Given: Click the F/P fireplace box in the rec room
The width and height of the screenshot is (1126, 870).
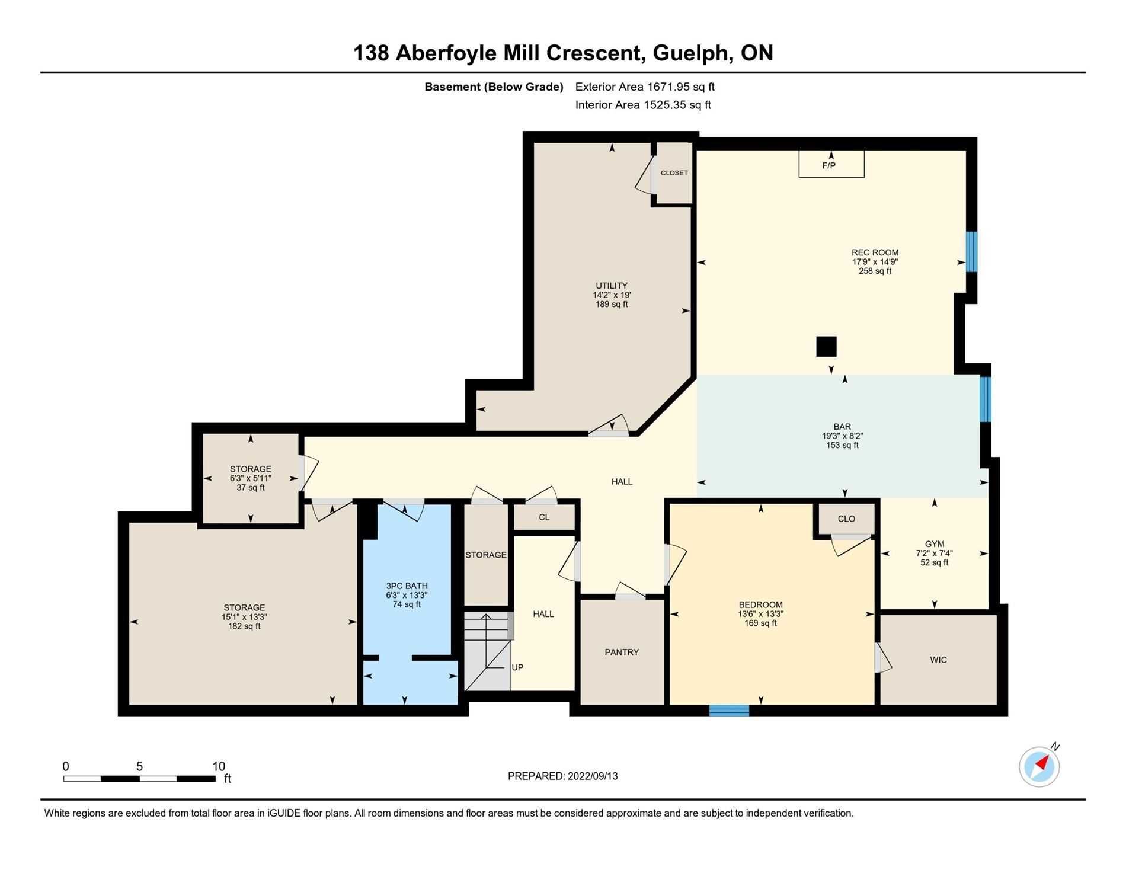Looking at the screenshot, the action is click(831, 164).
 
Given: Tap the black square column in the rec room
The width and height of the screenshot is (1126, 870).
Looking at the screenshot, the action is click(826, 347).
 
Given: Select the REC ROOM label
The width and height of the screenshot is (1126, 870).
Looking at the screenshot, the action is click(875, 252).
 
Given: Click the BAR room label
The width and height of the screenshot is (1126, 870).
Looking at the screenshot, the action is click(842, 427).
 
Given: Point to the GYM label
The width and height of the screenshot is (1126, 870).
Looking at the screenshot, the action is click(935, 544).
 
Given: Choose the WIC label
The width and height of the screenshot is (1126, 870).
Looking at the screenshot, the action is click(939, 660).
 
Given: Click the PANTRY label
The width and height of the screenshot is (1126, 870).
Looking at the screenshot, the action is click(622, 652).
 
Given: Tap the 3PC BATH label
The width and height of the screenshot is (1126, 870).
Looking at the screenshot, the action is click(407, 586).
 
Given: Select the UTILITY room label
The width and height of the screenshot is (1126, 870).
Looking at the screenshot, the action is click(612, 286).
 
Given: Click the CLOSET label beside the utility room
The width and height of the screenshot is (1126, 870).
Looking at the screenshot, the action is click(674, 173).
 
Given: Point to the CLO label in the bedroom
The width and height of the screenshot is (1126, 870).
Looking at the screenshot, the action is click(846, 519).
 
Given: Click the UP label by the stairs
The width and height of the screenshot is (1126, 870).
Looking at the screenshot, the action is click(517, 667).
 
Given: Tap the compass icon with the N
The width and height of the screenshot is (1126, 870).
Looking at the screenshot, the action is click(1039, 766).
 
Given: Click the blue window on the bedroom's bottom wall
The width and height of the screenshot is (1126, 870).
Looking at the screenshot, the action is click(730, 710).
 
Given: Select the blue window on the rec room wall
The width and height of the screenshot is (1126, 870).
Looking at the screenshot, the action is click(971, 251).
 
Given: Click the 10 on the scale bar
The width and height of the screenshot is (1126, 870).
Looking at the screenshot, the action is click(219, 766).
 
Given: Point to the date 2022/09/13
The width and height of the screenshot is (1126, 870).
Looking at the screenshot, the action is click(593, 776).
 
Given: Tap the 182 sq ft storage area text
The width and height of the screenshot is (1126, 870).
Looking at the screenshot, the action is click(244, 626).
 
